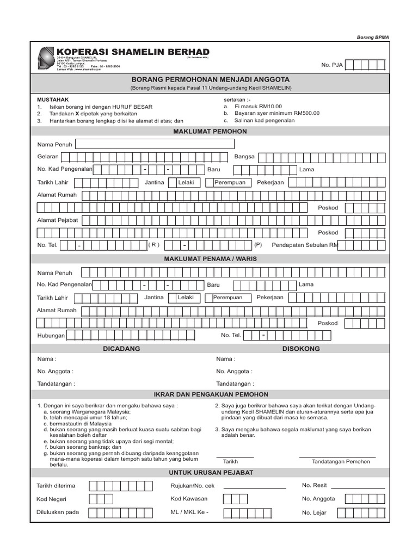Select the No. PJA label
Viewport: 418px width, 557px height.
coord(332,65)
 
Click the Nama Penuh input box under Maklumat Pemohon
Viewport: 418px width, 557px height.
coord(155,144)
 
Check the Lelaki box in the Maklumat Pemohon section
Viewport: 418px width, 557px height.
coord(186,183)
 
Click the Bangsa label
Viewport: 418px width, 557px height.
coord(244,157)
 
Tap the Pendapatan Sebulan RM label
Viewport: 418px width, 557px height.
coord(305,245)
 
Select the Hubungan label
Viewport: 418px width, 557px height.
coord(51,336)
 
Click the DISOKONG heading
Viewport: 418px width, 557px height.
coord(300,349)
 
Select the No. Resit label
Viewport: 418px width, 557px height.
coord(314,485)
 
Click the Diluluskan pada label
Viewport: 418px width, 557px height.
coord(57,512)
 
